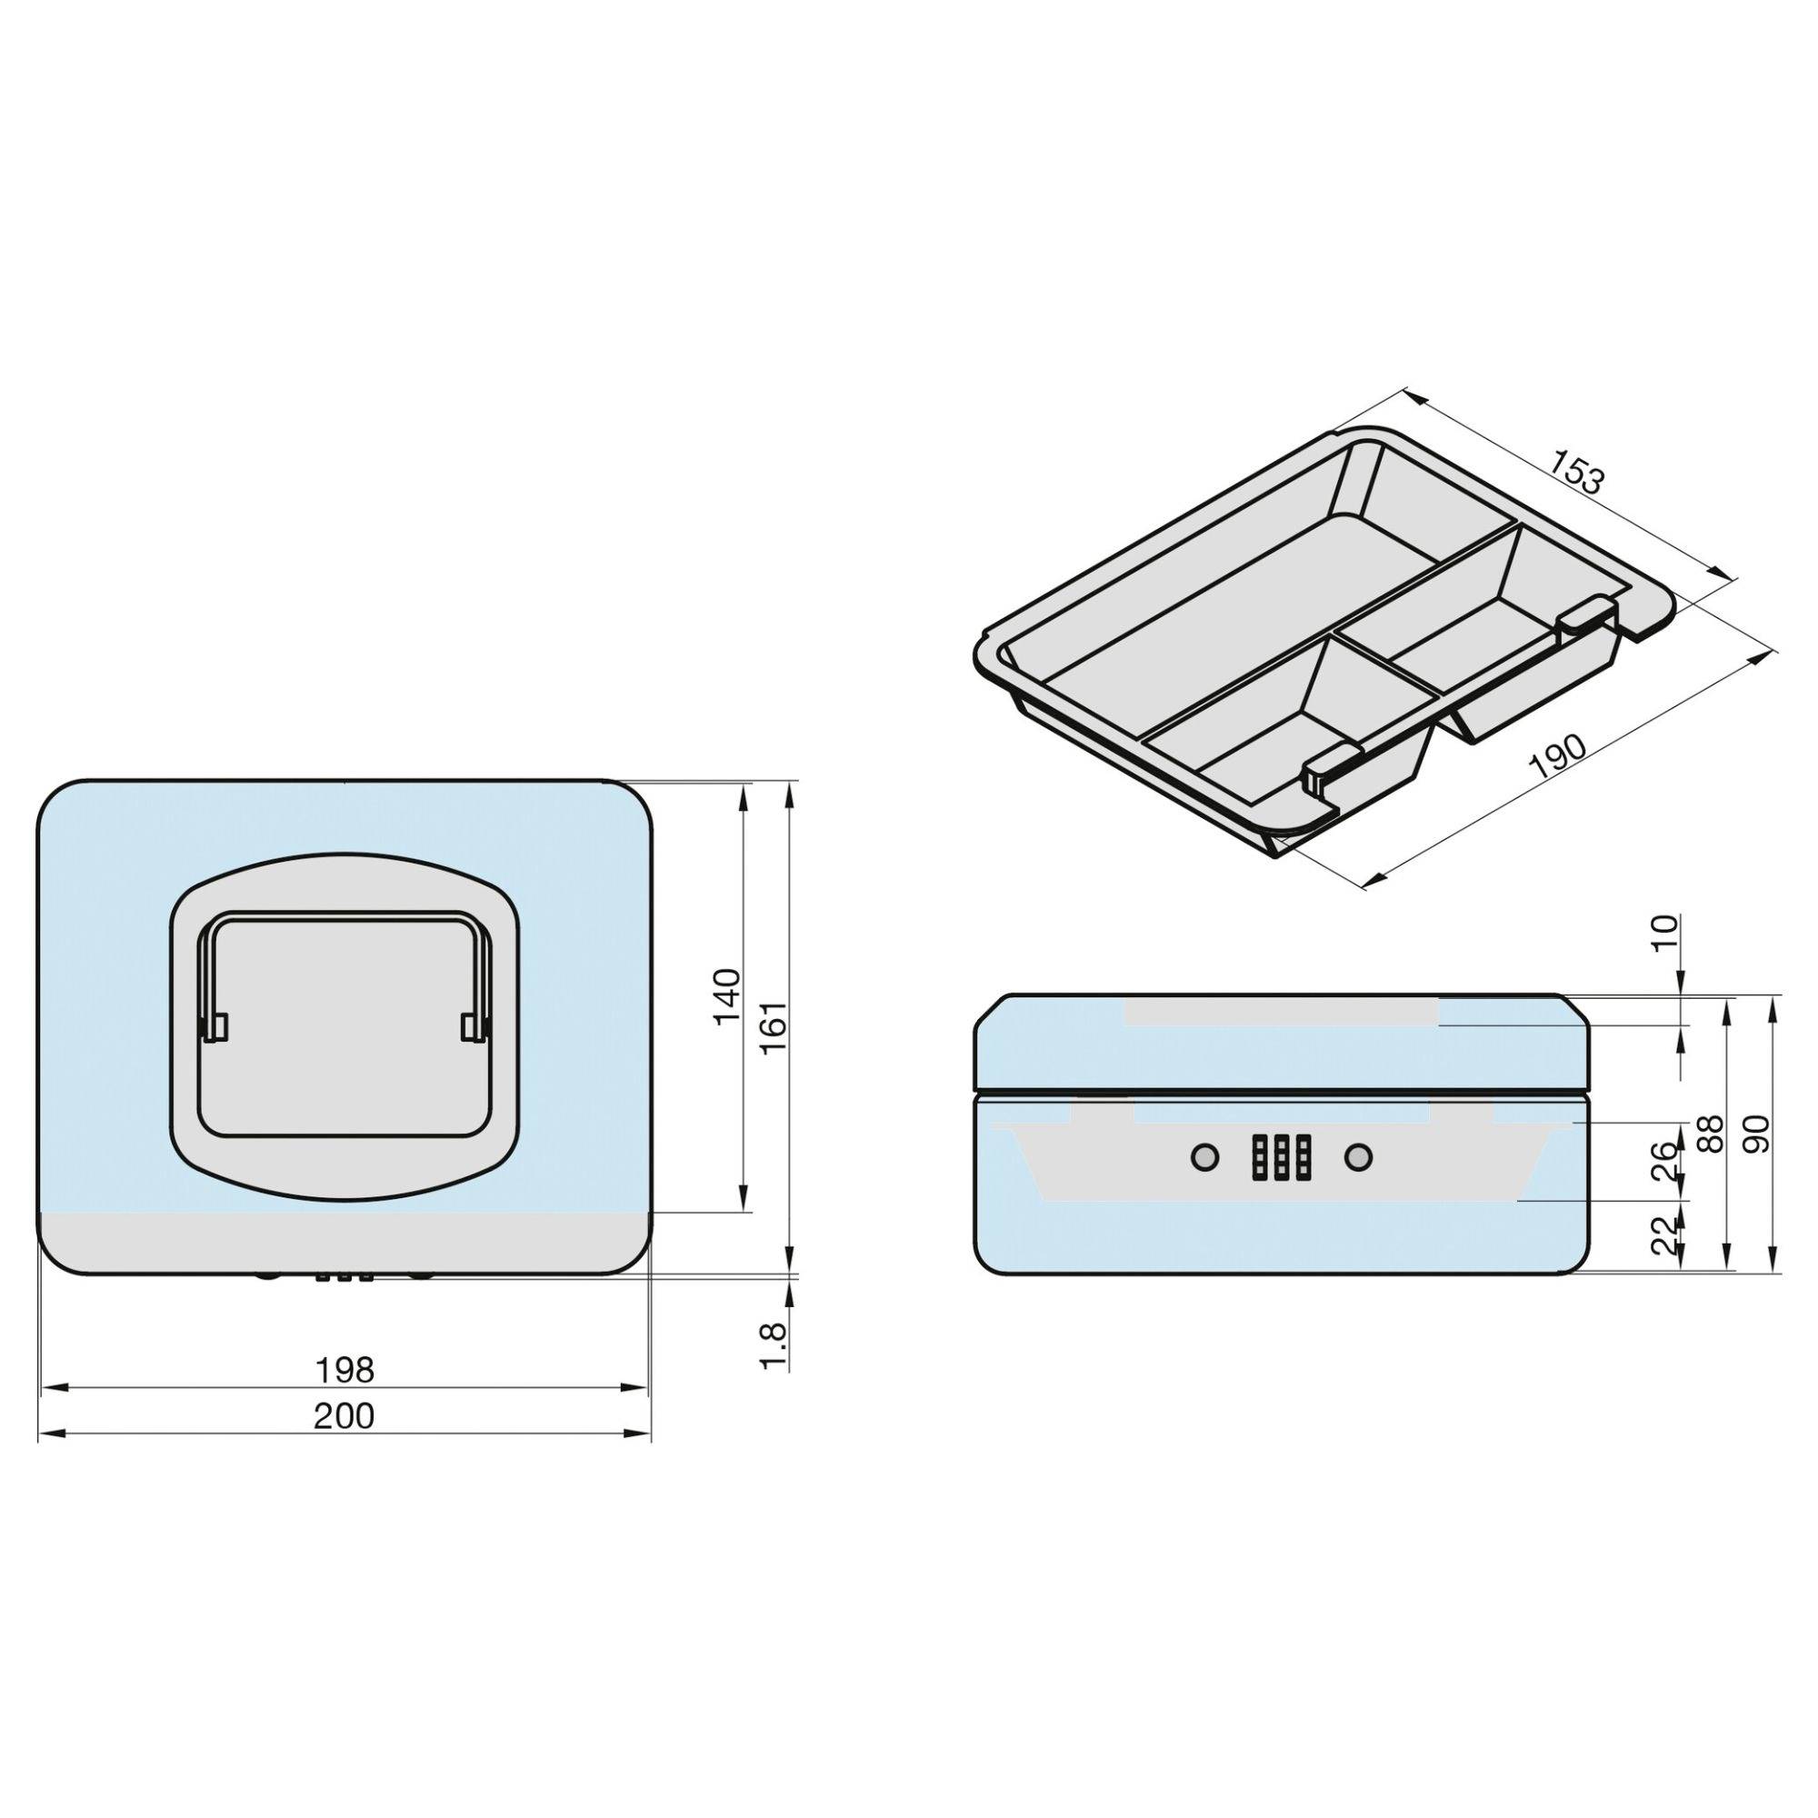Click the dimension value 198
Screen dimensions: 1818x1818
[345, 1370]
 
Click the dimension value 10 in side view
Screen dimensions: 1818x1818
[1665, 936]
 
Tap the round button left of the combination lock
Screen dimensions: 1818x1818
[1204, 1157]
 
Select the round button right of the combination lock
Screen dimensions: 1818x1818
[1357, 1157]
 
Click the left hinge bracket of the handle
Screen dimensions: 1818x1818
[215, 1026]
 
